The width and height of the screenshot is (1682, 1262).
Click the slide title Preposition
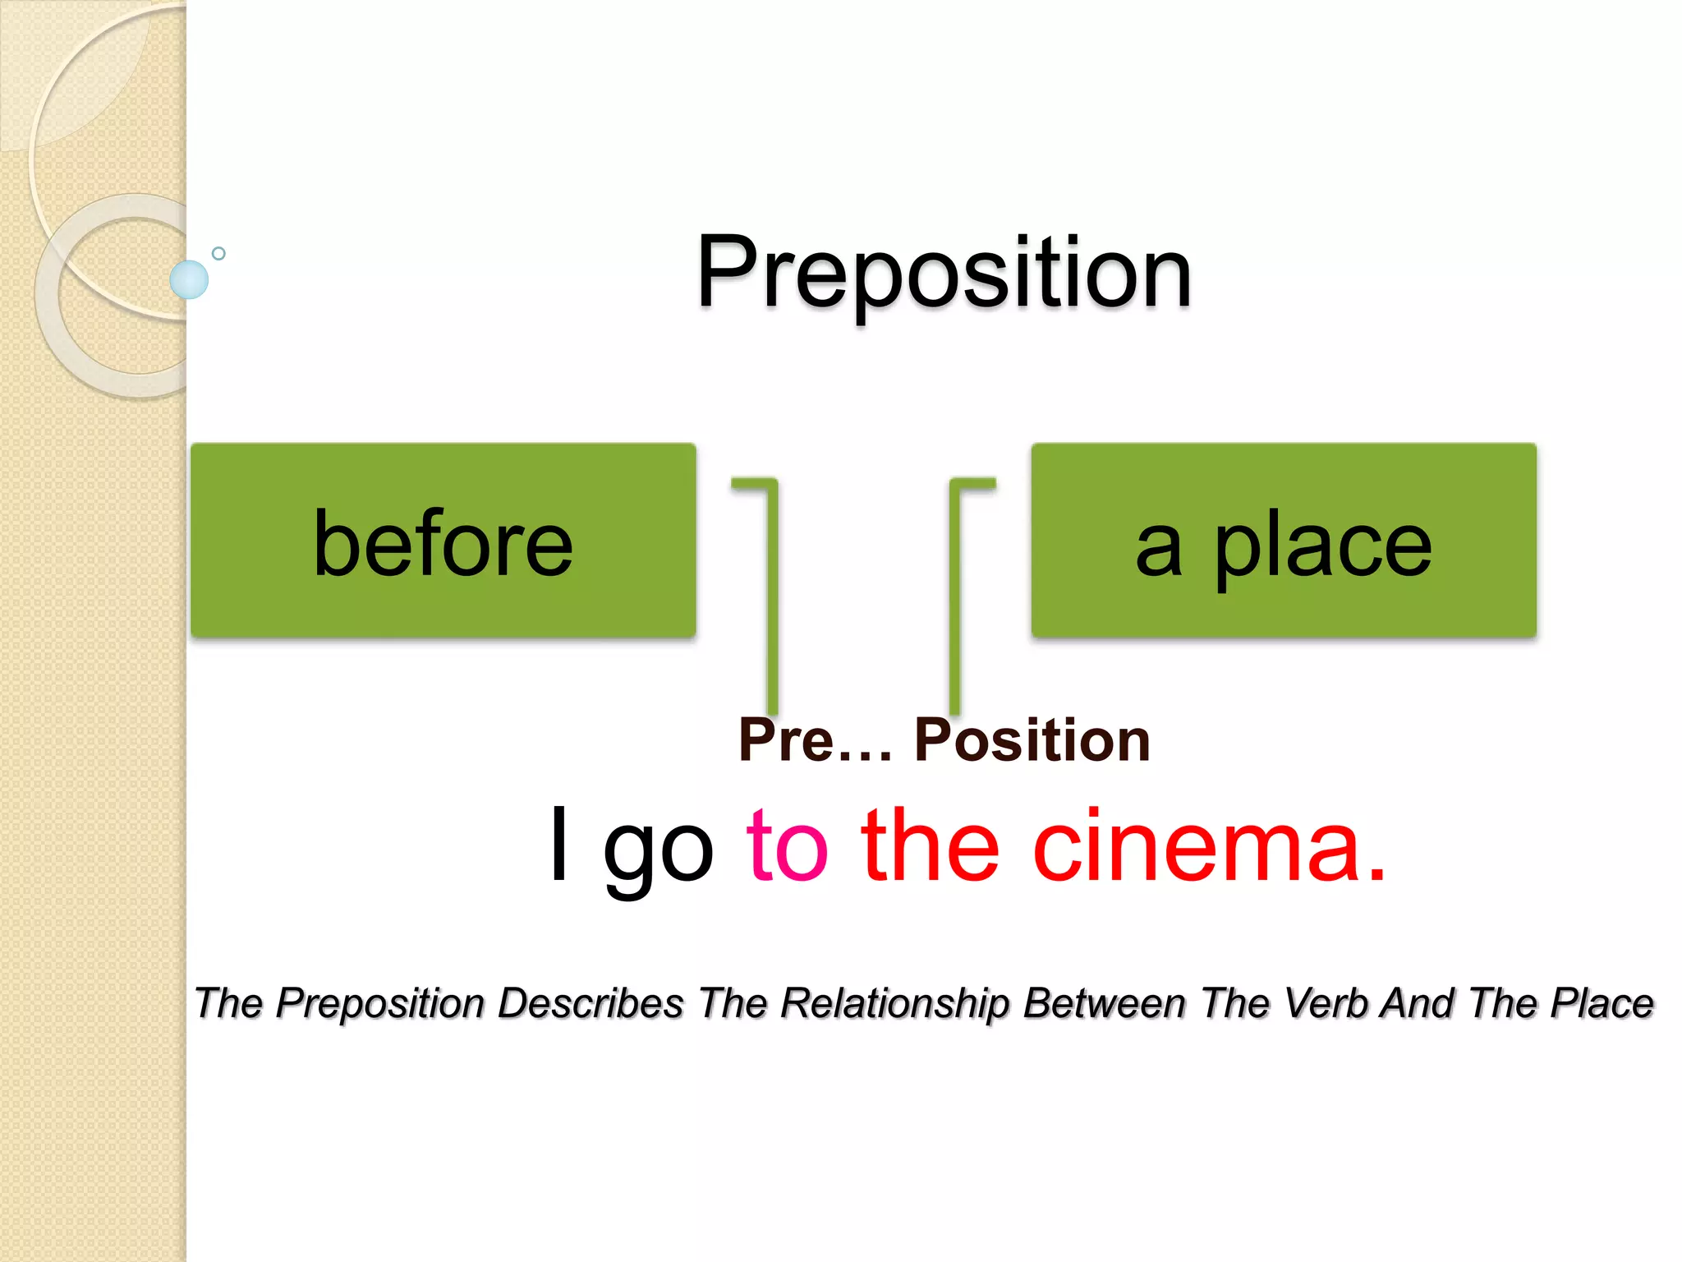pyautogui.click(x=944, y=273)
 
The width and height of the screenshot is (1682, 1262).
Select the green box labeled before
pyautogui.click(x=443, y=541)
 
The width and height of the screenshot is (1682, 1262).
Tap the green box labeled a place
pyautogui.click(x=1284, y=541)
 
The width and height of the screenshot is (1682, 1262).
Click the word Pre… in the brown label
pyautogui.click(x=814, y=740)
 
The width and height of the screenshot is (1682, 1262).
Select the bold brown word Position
pyautogui.click(x=1032, y=740)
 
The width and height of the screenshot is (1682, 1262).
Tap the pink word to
pyautogui.click(x=787, y=846)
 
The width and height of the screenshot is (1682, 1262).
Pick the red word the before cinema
pyautogui.click(x=930, y=846)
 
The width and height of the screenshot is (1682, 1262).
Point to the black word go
pyautogui.click(x=658, y=850)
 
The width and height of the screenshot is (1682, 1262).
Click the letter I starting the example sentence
pyautogui.click(x=559, y=845)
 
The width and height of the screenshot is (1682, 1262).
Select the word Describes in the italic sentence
pyautogui.click(x=591, y=1003)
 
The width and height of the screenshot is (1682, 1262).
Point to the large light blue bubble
pyautogui.click(x=189, y=279)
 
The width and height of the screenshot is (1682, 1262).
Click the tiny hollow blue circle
pyautogui.click(x=218, y=254)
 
